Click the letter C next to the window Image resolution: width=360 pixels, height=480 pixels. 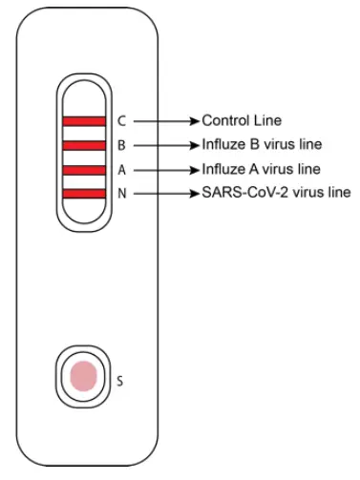(x=121, y=121)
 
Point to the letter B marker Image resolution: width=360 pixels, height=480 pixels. (x=121, y=146)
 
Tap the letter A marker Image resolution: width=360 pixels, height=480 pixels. (x=121, y=171)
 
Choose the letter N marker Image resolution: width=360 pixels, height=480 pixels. (x=121, y=195)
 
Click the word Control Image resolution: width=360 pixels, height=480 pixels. (x=225, y=121)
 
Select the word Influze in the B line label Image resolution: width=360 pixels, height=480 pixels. (x=222, y=146)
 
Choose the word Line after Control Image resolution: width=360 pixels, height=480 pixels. (x=269, y=121)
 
